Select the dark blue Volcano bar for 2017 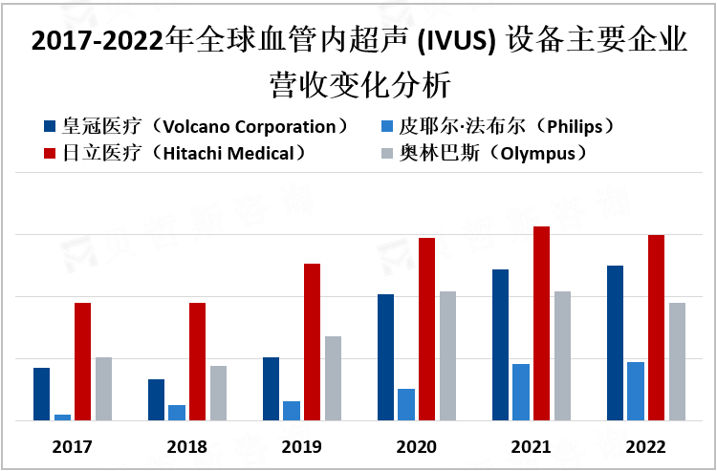[x=41, y=394]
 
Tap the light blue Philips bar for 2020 [x=406, y=404]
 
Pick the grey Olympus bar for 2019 [x=333, y=378]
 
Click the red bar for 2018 [x=197, y=361]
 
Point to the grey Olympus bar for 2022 [x=677, y=361]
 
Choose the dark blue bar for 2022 [x=616, y=343]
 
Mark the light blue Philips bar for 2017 [x=62, y=417]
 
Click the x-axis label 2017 [x=72, y=447]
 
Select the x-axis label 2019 [x=302, y=447]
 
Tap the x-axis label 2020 [x=416, y=447]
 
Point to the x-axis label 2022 [x=645, y=447]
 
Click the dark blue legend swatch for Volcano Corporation [x=50, y=127]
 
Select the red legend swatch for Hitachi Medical [x=50, y=153]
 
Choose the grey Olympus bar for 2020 [x=447, y=355]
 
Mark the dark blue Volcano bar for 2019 [x=272, y=389]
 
